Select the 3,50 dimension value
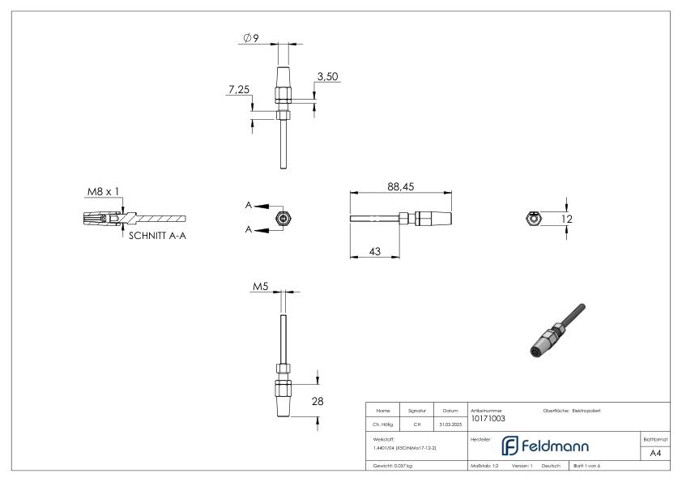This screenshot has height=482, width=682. point(328,76)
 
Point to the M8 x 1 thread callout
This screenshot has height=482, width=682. point(104,192)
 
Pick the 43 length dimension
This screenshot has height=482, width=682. point(375,252)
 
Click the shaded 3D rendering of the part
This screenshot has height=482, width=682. point(553,332)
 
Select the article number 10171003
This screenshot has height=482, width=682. point(488,418)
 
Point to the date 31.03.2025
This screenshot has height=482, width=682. point(450,423)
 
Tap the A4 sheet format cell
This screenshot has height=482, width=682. point(654,454)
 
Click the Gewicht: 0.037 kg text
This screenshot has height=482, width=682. point(392,466)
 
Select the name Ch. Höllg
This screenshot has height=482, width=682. point(383,423)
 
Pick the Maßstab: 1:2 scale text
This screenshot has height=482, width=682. point(484,466)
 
